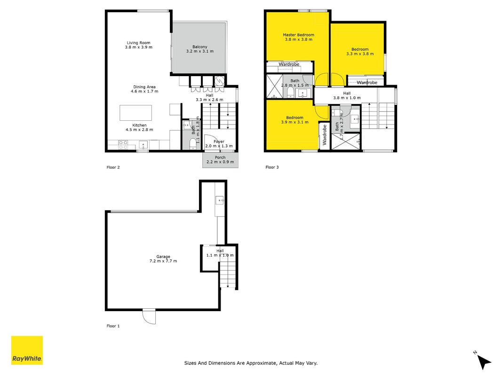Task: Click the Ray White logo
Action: click(27, 350)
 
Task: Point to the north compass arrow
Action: click(484, 361)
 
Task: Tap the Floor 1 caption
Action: click(113, 326)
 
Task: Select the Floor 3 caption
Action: click(272, 167)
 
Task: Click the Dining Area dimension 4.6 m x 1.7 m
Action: click(144, 92)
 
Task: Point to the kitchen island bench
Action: click(136, 113)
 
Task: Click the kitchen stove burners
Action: click(123, 144)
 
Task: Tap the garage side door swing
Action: click(149, 317)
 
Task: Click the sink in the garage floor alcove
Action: click(220, 201)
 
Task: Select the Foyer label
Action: click(219, 141)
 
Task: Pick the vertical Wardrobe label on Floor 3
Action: click(324, 134)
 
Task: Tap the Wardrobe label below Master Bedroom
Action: click(289, 64)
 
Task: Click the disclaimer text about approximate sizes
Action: click(251, 363)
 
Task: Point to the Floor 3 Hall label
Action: click(347, 94)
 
